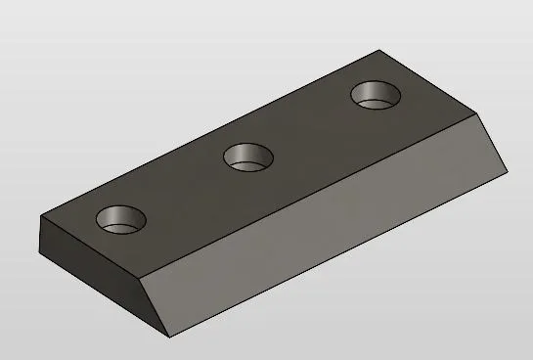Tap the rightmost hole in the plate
[377, 95]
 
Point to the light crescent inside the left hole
[122, 227]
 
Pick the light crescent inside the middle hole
[250, 163]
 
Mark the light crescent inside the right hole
[378, 103]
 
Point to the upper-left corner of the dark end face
[42, 214]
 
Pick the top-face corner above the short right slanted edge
[486, 113]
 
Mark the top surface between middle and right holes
[313, 127]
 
